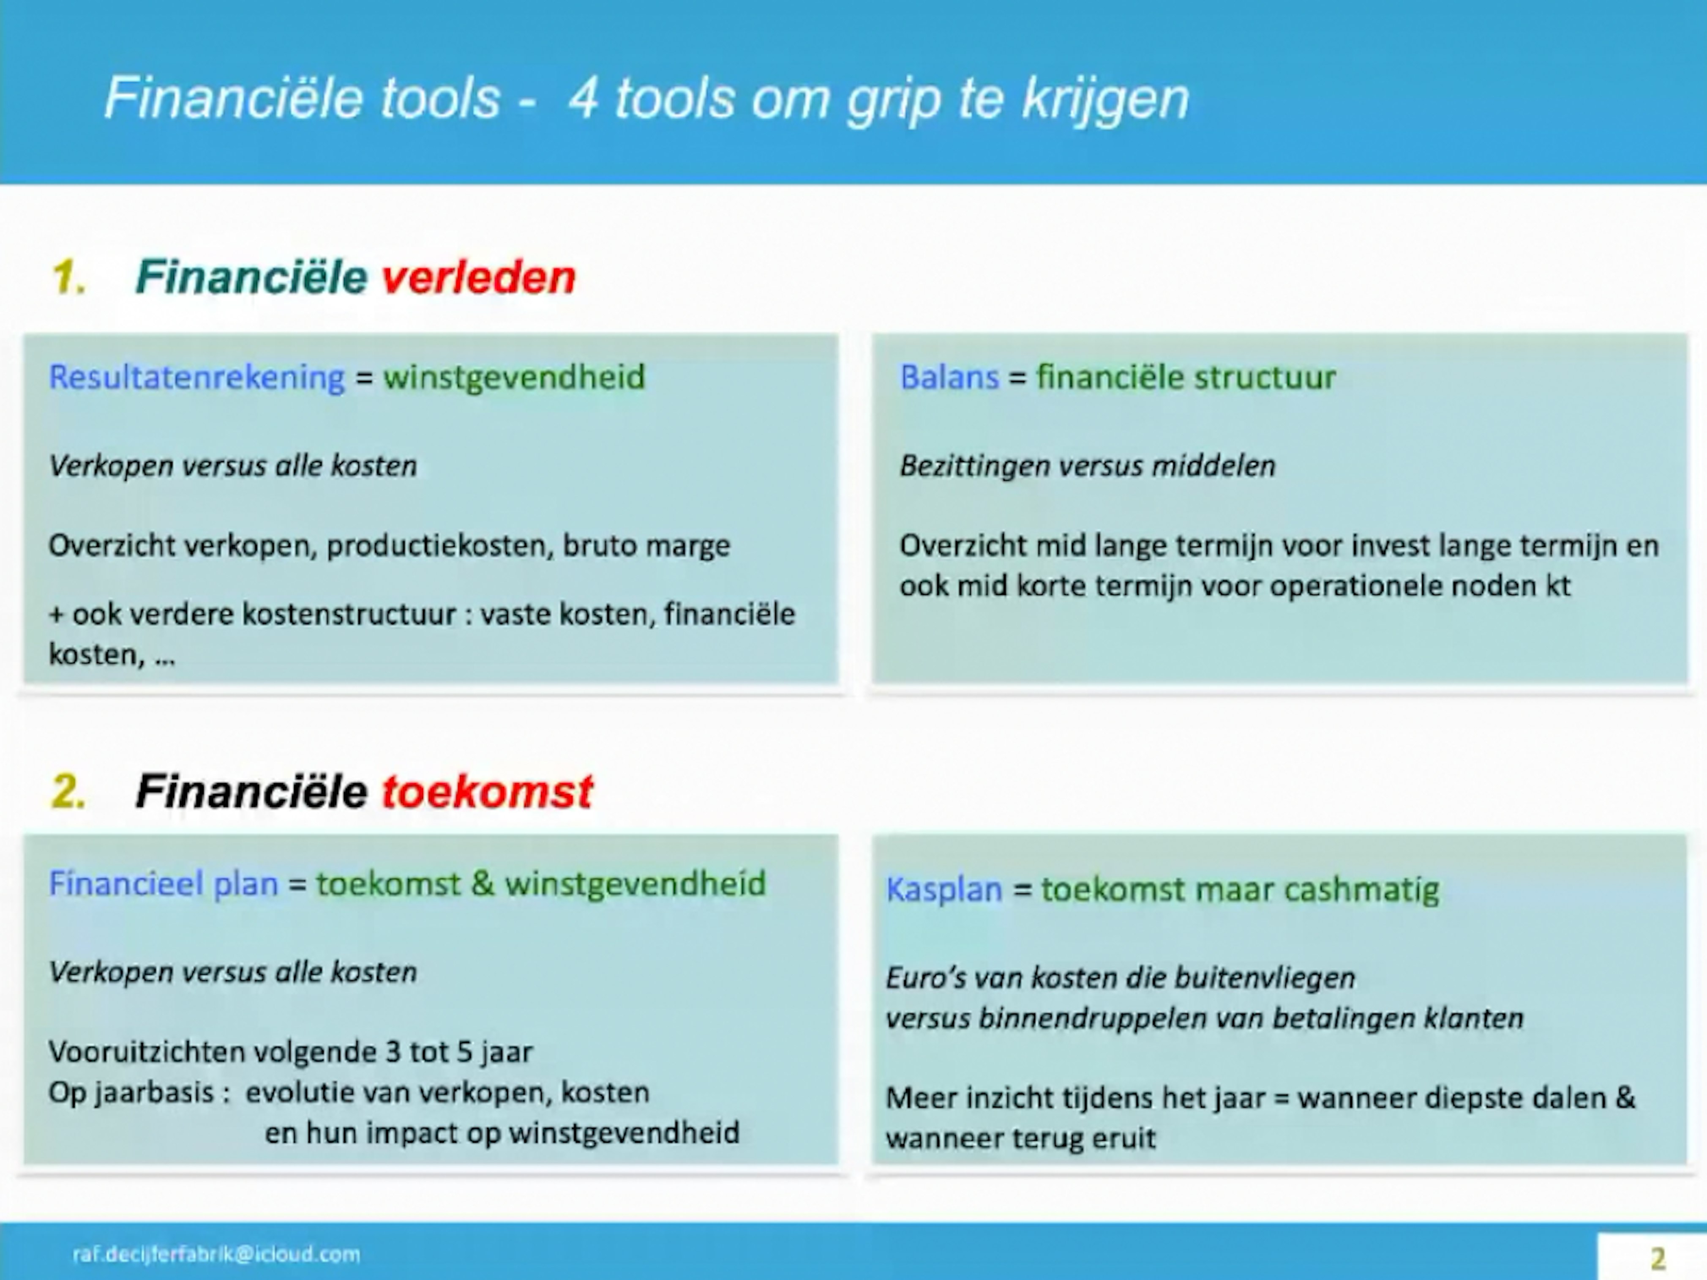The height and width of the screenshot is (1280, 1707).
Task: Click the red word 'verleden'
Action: pos(478,277)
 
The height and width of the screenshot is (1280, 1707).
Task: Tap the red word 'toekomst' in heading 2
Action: pos(487,791)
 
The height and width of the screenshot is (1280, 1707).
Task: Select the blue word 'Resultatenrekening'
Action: pos(197,377)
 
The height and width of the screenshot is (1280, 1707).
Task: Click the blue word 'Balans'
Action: pos(949,377)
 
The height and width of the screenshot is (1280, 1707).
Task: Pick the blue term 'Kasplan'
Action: pos(944,889)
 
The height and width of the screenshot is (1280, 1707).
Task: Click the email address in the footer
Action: pos(216,1254)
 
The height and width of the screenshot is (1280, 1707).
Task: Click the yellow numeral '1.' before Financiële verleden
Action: pos(68,277)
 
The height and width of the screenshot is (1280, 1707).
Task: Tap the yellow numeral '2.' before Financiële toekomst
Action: pos(68,791)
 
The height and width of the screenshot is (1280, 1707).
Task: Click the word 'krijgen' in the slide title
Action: pos(1105,99)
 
